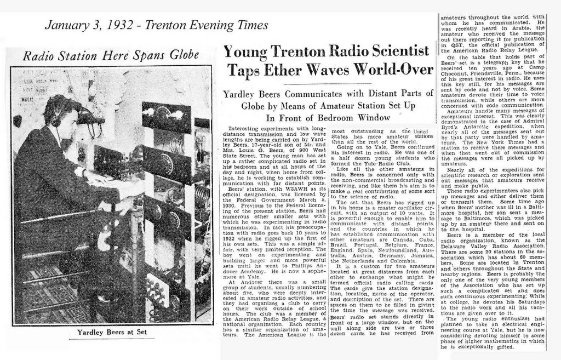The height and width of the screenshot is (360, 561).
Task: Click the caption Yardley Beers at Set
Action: point(108,332)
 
